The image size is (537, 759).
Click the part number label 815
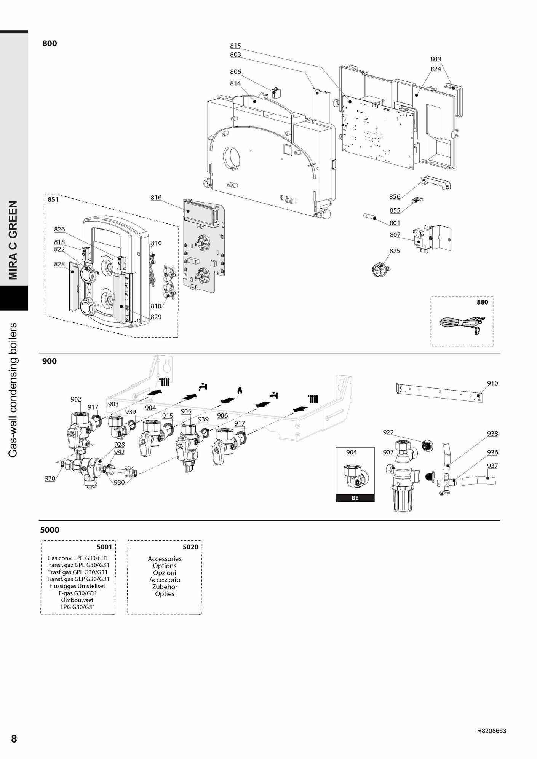coord(235,46)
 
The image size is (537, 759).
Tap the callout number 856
coord(395,196)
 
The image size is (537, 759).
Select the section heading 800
coord(50,43)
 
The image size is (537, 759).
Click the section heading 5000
coord(50,530)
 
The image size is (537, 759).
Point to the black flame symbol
coord(240,390)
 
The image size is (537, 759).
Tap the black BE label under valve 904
coord(355,498)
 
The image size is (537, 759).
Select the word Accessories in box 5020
coord(165,559)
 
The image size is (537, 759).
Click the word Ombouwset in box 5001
coord(77,600)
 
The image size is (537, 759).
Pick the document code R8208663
coord(491,731)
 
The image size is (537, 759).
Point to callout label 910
coord(492,383)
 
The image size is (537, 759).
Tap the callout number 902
coord(76,399)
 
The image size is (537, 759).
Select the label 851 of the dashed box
coord(53,199)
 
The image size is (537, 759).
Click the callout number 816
coord(156,197)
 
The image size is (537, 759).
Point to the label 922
coord(388,432)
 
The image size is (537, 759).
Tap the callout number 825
coord(395,250)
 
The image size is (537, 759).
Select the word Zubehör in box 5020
coord(165,587)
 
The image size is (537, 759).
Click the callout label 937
coord(492,466)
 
